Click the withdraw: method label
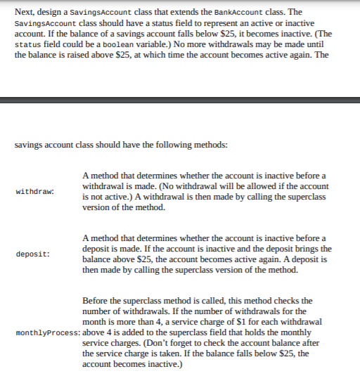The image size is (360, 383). pyautogui.click(x=35, y=191)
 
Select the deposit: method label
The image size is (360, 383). pyautogui.click(x=33, y=254)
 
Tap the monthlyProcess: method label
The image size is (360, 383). pyautogui.click(x=48, y=332)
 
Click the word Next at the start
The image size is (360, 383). pyautogui.click(x=25, y=12)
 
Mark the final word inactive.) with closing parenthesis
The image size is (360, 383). pyautogui.click(x=162, y=364)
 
